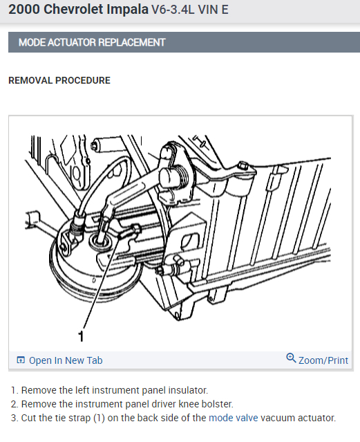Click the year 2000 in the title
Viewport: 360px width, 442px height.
click(24, 9)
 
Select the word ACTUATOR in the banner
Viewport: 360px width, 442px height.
click(72, 42)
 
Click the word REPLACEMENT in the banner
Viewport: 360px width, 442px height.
click(131, 42)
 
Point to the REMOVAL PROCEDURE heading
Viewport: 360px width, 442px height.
click(59, 80)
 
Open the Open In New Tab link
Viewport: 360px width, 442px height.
click(66, 360)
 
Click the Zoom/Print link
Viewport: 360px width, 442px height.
click(323, 360)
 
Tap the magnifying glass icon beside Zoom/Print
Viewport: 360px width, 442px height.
click(291, 358)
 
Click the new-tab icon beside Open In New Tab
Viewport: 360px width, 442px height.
click(21, 360)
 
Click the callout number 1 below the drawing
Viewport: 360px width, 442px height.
click(81, 336)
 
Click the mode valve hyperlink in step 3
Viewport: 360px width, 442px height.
click(234, 418)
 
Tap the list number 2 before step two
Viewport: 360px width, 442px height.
click(14, 404)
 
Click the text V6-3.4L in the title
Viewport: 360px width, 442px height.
click(173, 10)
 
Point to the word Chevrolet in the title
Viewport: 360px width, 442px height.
click(73, 9)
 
